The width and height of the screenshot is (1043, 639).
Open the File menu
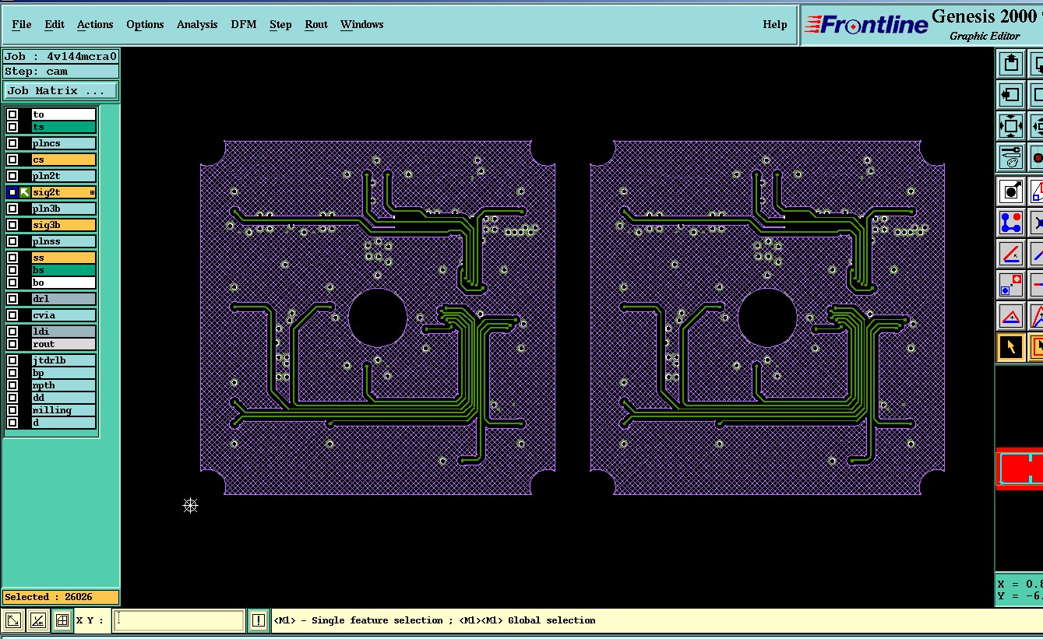[x=21, y=24]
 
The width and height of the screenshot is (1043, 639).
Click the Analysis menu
[x=197, y=24]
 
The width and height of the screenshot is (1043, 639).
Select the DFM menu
[x=244, y=24]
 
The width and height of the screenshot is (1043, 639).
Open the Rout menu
[x=316, y=24]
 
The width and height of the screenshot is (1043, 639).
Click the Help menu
[x=775, y=24]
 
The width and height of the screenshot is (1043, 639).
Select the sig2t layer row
[x=63, y=192]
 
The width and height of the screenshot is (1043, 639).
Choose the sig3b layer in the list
[x=63, y=225]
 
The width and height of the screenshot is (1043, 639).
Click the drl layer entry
[x=63, y=299]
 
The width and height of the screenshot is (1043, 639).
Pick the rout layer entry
[x=63, y=344]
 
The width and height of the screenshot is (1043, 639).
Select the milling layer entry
[x=63, y=410]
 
